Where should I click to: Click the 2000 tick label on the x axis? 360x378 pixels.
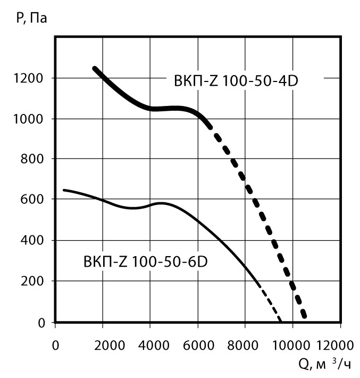[102, 343]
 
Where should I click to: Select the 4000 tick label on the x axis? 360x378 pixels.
[150, 343]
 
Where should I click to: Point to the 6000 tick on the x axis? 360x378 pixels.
[197, 343]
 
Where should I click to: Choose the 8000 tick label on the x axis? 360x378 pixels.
[245, 343]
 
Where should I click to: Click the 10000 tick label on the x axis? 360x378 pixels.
[292, 343]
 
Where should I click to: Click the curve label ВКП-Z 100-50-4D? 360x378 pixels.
[241, 81]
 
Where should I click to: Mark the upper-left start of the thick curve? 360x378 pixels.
[95, 69]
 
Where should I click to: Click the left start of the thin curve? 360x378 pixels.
[64, 190]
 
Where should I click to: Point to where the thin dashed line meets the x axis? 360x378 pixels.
[280, 322]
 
